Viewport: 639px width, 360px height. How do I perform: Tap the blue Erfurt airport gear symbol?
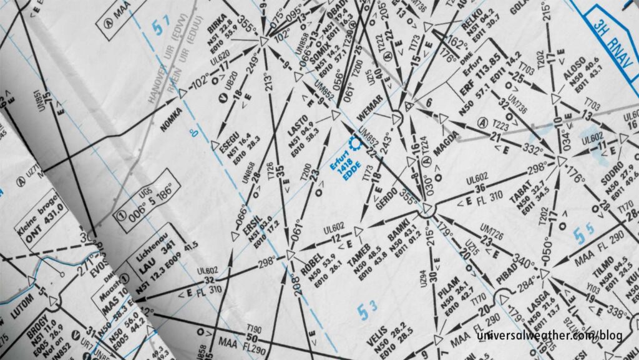coord(356,143)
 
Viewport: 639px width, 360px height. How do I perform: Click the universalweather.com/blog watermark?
coord(549,336)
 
